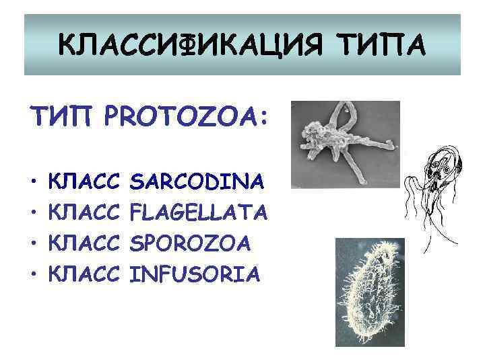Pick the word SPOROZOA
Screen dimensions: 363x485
click(191, 243)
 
